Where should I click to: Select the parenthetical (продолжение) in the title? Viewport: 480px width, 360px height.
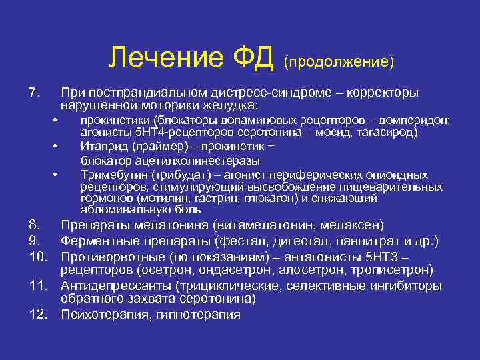[339, 61]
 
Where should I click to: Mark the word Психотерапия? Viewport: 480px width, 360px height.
[101, 314]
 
